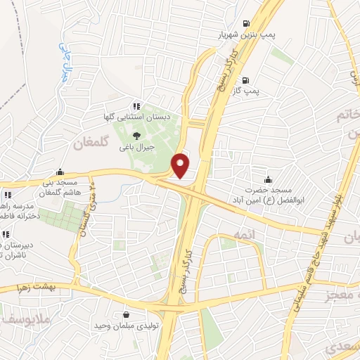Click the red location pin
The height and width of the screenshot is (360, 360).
coord(181,165)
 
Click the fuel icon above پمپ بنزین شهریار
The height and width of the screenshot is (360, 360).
coord(245,22)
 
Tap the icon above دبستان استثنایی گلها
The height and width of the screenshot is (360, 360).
coord(136,105)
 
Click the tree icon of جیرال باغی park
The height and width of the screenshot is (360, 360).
coord(136,135)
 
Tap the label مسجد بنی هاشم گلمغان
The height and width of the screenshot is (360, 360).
coord(60,187)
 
